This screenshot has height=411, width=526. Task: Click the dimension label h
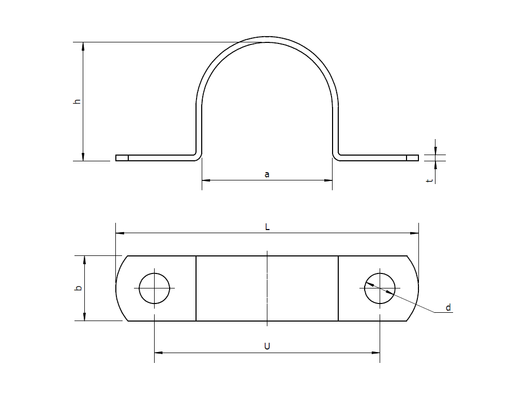coord(77,101)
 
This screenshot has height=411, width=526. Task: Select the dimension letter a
coord(267,175)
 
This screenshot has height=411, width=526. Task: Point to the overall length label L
coord(267,227)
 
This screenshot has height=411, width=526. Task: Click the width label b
coord(78,288)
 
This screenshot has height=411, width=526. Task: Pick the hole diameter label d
coord(448,308)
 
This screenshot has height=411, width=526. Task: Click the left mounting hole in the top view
coord(154,288)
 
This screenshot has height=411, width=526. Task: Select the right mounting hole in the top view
coord(380,288)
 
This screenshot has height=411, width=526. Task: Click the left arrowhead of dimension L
coord(119,233)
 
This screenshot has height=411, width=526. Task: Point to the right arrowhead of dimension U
coord(376,353)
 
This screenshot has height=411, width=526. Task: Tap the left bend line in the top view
coord(196,288)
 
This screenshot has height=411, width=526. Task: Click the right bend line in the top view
coord(338,288)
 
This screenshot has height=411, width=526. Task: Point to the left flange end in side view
coord(122,158)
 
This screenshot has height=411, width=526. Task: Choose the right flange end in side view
coord(412,158)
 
